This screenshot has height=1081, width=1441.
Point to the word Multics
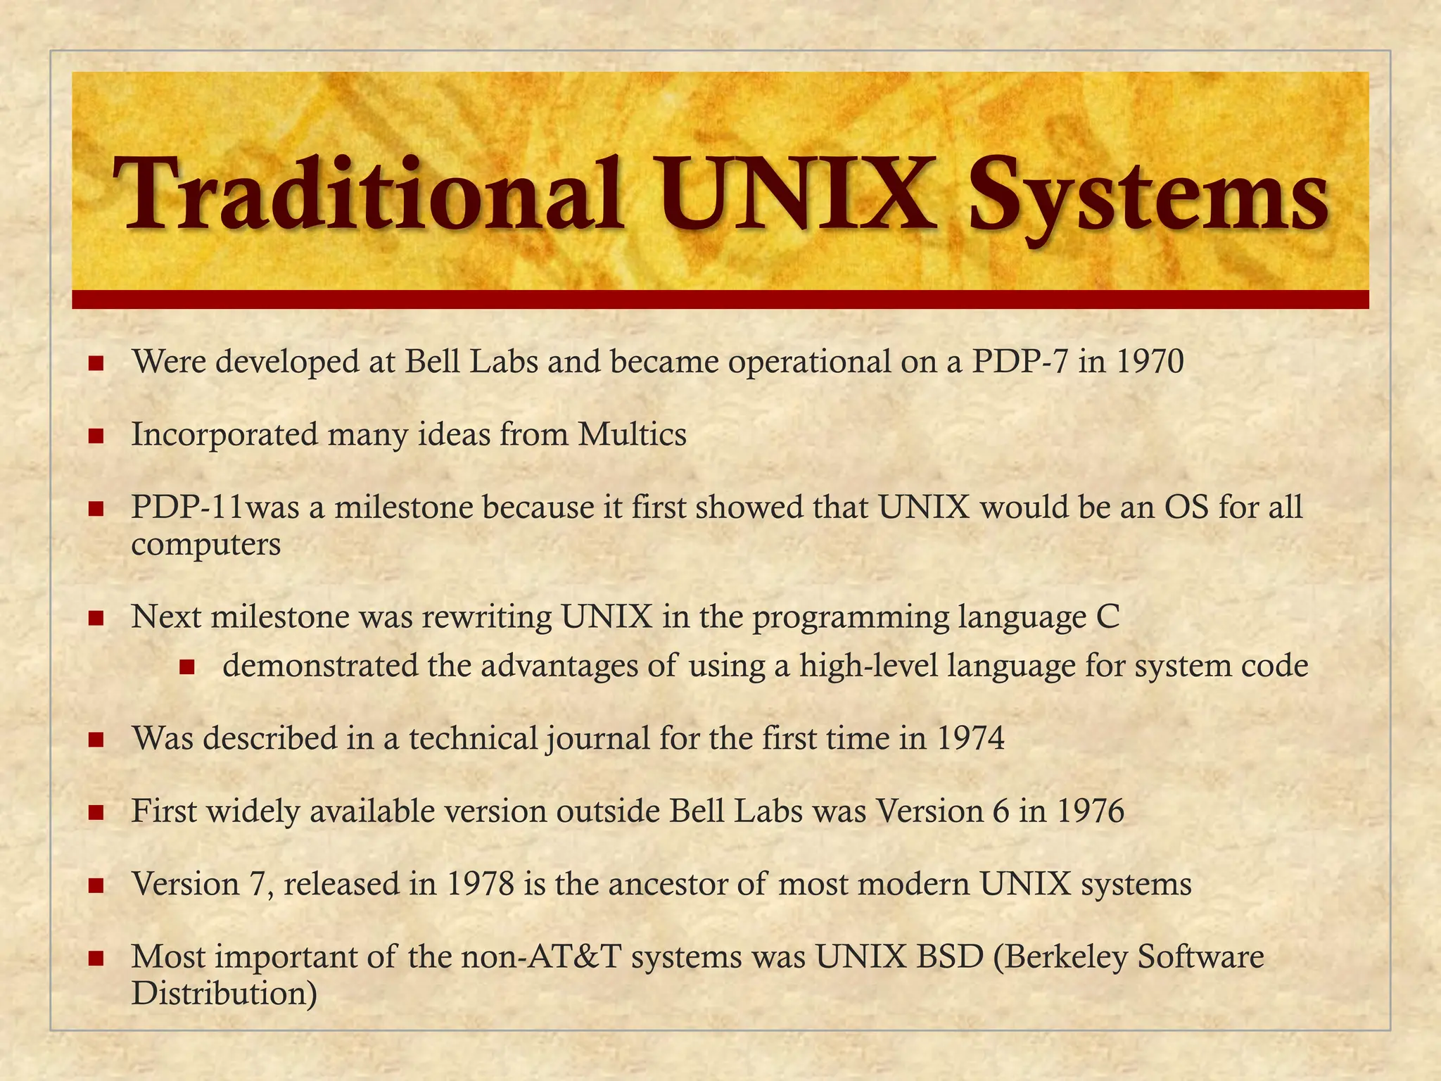pos(632,434)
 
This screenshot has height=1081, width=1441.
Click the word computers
pos(206,544)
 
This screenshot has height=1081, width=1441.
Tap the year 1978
pos(480,884)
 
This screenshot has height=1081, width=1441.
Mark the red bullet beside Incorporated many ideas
pos(96,436)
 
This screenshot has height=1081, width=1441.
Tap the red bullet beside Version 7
pos(96,885)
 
